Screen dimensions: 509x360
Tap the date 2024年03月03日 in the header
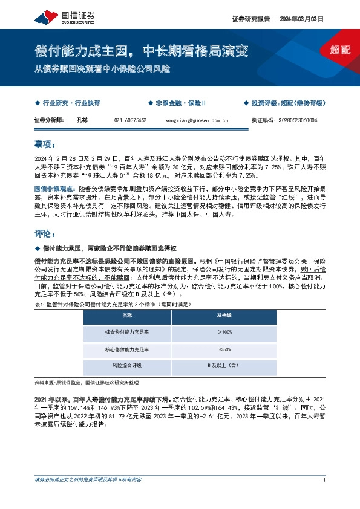301,19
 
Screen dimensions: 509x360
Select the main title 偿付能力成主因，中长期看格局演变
141,51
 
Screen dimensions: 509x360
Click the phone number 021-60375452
130,121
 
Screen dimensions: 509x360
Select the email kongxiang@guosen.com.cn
196,121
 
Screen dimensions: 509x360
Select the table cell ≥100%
223,332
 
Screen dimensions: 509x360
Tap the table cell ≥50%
223,349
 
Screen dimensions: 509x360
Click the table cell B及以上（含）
223,366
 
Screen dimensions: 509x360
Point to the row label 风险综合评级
127,366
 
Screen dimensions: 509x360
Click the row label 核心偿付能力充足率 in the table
127,349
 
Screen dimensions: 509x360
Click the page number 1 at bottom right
325,480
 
